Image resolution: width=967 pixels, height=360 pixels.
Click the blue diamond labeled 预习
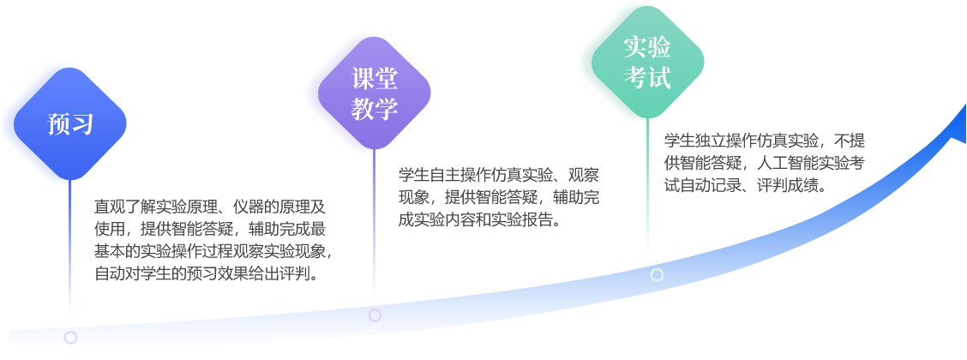pyautogui.click(x=70, y=124)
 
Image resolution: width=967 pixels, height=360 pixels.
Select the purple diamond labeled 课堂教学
pyautogui.click(x=375, y=93)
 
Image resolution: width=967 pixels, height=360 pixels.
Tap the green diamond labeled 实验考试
pyautogui.click(x=647, y=62)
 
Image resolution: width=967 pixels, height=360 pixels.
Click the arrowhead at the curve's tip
pyautogui.click(x=957, y=125)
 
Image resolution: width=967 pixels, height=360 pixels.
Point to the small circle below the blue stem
pyautogui.click(x=70, y=337)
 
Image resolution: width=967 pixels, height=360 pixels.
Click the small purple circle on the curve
pyautogui.click(x=375, y=315)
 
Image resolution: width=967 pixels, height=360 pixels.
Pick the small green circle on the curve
pyautogui.click(x=657, y=274)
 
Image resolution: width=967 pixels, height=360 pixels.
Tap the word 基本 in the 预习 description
pyautogui.click(x=105, y=251)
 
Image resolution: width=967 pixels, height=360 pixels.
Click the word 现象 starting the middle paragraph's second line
pyautogui.click(x=410, y=197)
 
